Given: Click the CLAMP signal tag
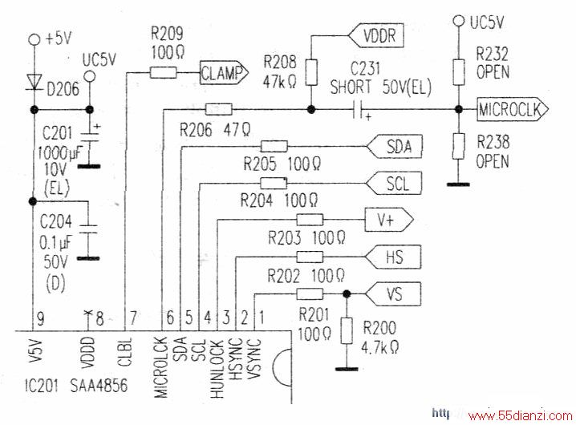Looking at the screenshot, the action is [224, 73].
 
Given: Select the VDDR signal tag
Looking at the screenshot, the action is [375, 35].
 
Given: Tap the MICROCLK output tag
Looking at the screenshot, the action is [513, 109].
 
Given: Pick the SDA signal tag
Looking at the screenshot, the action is [394, 147].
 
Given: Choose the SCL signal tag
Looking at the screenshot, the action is [393, 183].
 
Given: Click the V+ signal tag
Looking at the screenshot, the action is [388, 220].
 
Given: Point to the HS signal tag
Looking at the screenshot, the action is [392, 257].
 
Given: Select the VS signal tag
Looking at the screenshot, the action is [393, 293].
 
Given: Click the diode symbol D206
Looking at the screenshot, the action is [34, 82].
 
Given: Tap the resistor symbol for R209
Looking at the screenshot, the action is [163, 72].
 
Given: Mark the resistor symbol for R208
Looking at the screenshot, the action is [311, 73].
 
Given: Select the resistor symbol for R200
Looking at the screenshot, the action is [347, 331].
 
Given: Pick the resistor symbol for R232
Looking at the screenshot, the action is [458, 71].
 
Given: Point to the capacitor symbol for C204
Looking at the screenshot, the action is [88, 229].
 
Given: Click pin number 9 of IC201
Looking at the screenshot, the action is [40, 318].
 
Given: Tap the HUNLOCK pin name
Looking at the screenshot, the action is [217, 369].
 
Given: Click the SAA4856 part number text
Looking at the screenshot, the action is [99, 386].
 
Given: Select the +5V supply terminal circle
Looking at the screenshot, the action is [34, 39].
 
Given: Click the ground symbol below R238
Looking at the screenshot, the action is [458, 184].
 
